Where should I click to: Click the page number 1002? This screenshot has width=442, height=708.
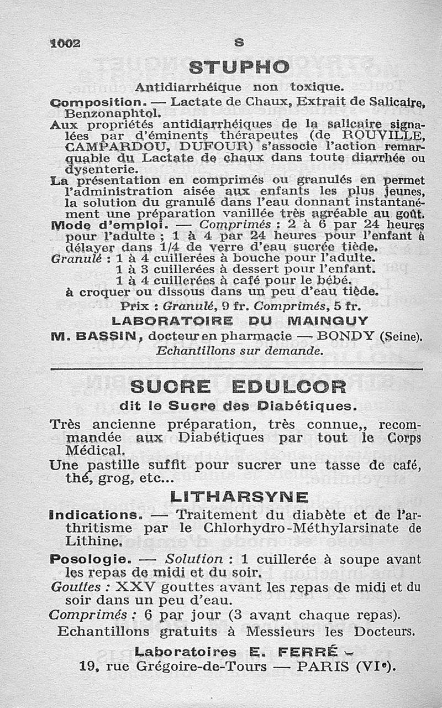pyautogui.click(x=66, y=43)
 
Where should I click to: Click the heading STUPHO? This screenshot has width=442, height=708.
pyautogui.click(x=239, y=67)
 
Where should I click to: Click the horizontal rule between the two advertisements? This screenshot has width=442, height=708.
pyautogui.click(x=236, y=368)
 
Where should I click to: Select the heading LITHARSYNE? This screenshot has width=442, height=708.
pyautogui.click(x=239, y=497)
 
